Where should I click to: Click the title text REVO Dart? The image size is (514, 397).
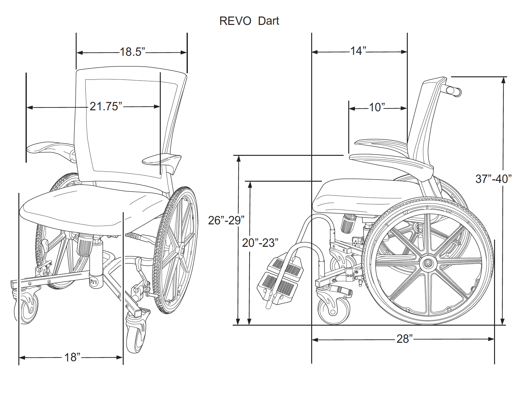[249, 21]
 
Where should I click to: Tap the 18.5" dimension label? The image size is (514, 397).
[132, 52]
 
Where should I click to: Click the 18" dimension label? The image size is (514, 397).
[72, 357]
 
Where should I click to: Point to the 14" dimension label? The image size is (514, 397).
[358, 51]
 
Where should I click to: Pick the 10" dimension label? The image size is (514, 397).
[377, 108]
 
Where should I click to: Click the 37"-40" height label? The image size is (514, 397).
[493, 179]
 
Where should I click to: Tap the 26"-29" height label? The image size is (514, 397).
[226, 220]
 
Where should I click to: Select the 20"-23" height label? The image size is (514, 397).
[260, 243]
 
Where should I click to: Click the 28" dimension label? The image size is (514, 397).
[404, 339]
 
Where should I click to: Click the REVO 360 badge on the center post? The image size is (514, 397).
[94, 282]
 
